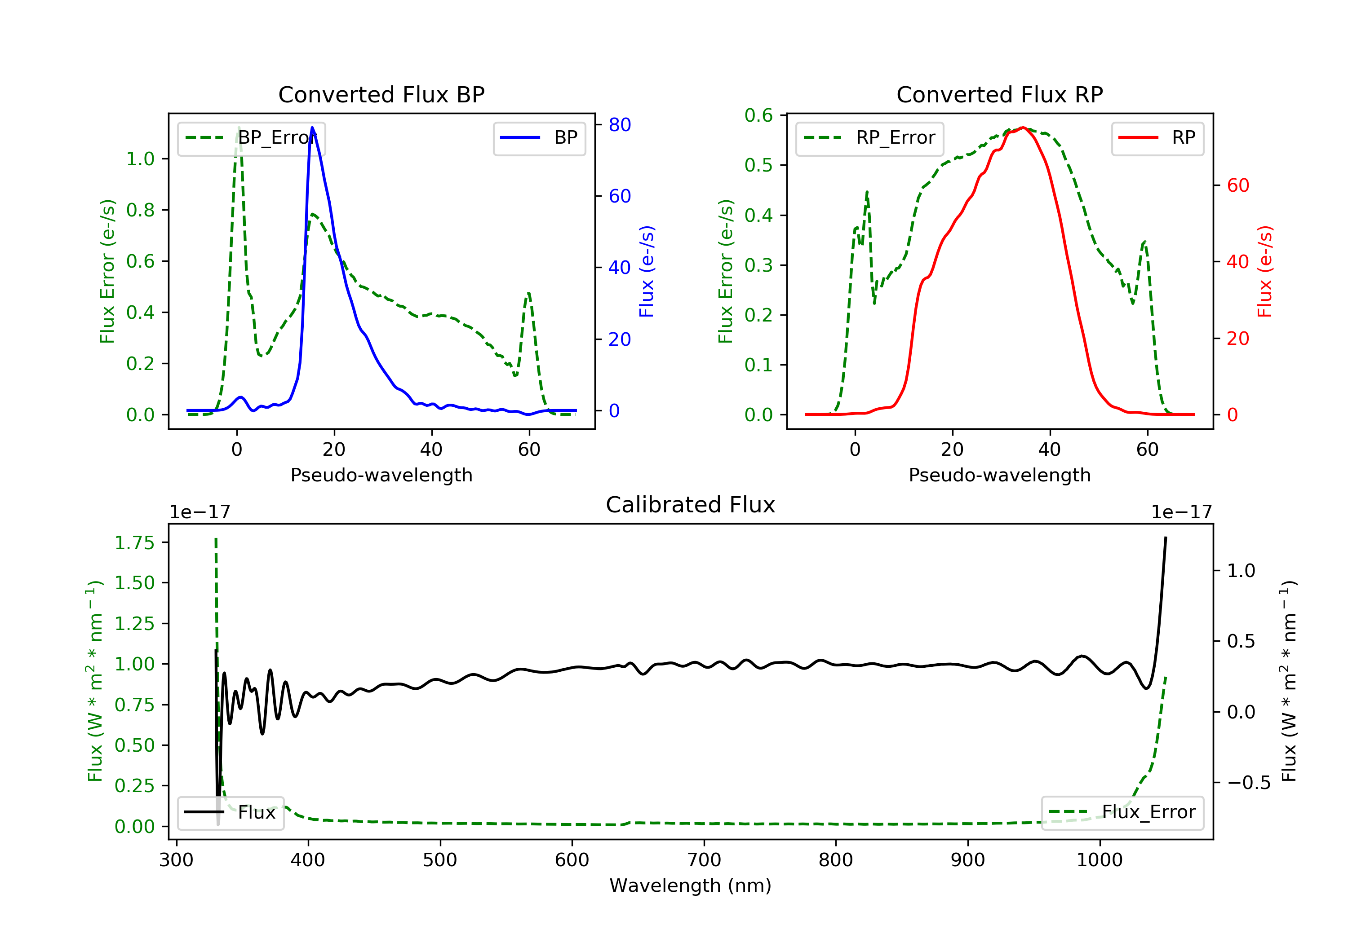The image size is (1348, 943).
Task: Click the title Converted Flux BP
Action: click(x=381, y=94)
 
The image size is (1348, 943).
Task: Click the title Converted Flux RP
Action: click(x=1000, y=94)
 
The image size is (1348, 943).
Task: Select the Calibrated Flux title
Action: click(x=691, y=505)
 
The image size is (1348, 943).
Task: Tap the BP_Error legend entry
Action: click(x=251, y=138)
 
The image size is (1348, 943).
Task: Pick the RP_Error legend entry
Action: click(x=869, y=138)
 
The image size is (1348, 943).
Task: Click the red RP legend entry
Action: click(x=1157, y=138)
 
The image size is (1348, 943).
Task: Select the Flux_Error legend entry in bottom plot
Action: click(x=1122, y=812)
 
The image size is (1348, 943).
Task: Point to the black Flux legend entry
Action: click(x=230, y=812)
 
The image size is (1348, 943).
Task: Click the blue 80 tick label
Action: click(x=620, y=124)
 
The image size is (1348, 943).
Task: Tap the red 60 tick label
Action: click(x=1238, y=185)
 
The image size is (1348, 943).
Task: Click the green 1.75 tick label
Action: click(x=134, y=543)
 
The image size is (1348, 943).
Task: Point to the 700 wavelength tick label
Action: click(x=704, y=860)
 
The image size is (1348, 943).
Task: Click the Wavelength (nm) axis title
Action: click(x=691, y=886)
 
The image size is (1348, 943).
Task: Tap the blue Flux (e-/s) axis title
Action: click(x=647, y=271)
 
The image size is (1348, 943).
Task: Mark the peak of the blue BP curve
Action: click(x=312, y=128)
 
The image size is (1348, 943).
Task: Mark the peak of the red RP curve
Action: click(x=1023, y=128)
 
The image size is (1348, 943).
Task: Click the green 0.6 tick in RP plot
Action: click(x=758, y=115)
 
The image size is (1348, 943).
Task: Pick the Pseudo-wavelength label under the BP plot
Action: click(x=381, y=475)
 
